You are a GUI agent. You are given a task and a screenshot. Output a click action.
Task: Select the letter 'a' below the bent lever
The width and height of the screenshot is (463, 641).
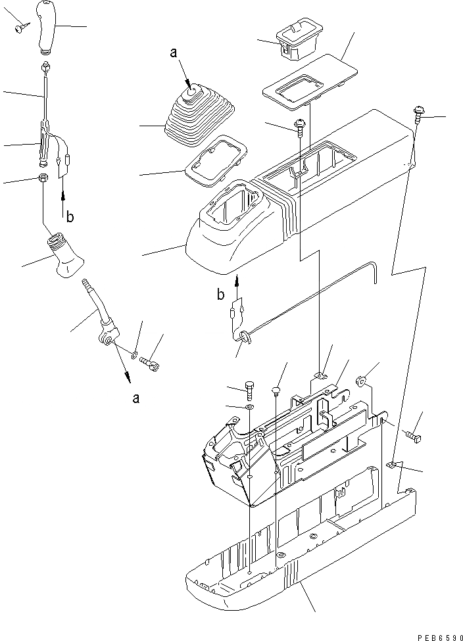point(135,398)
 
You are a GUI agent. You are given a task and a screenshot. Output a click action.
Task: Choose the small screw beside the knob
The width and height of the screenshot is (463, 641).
point(22,27)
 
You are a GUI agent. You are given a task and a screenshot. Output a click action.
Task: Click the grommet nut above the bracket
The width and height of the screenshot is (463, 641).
point(361,381)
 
